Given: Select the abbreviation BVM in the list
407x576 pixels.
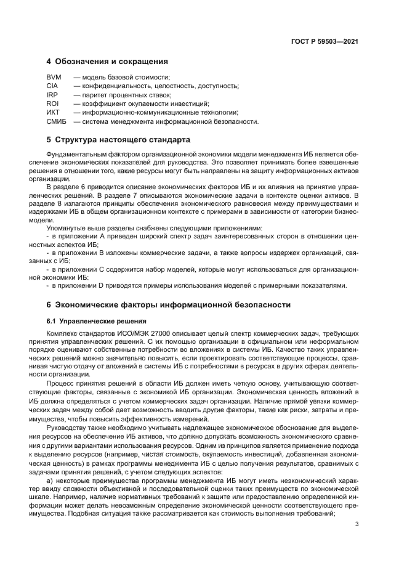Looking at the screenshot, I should (54, 77).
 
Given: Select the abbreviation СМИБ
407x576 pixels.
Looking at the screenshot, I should (57, 121).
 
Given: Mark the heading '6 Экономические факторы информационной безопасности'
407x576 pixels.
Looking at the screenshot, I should (164, 305).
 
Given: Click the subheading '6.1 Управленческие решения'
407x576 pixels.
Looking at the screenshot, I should (97, 321).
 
